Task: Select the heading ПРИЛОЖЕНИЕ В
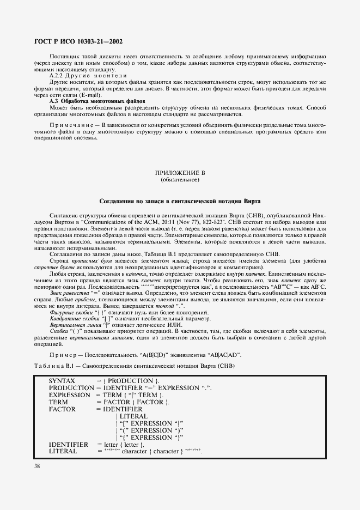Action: [179, 173]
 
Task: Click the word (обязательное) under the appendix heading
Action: [180, 179]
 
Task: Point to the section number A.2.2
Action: [57, 75]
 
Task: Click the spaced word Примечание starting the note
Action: [71, 125]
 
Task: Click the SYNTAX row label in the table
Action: [62, 380]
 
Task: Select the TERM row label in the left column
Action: [58, 402]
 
